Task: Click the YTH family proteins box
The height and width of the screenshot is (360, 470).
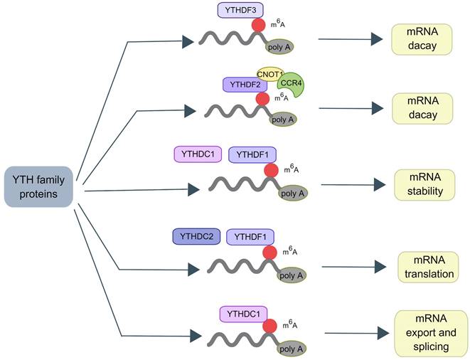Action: [x=39, y=186]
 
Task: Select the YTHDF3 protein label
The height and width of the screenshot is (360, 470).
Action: [x=241, y=10]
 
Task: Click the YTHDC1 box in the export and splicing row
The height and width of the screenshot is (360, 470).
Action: [x=244, y=313]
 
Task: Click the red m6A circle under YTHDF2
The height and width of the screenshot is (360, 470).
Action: [x=262, y=99]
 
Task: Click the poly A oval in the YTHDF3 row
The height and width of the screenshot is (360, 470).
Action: [x=280, y=46]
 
